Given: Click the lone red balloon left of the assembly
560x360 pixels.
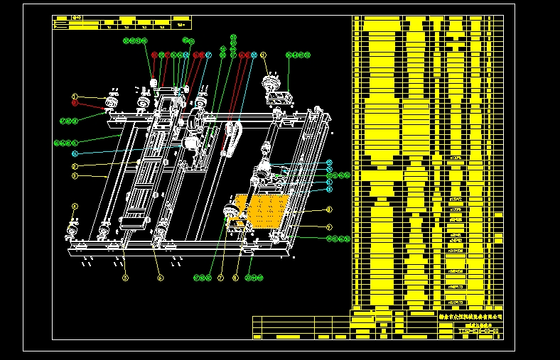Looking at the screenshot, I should point(74,103).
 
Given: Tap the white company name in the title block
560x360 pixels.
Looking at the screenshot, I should point(470,316).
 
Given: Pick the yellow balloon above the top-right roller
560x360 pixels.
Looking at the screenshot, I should point(263,55).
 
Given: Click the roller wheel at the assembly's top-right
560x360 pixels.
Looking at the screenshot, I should point(270,84).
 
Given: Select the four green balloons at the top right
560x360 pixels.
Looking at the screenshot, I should point(298,54).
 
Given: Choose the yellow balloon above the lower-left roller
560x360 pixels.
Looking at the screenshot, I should point(75,207).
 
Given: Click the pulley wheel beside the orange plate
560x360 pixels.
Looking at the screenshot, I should point(230,212).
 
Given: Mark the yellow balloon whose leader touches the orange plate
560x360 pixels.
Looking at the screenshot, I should point(329,209).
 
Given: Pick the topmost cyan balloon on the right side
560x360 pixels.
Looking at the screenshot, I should point(329,163).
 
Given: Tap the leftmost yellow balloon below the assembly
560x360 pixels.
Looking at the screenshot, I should point(125,278).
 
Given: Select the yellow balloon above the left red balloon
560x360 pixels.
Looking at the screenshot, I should point(74,96).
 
